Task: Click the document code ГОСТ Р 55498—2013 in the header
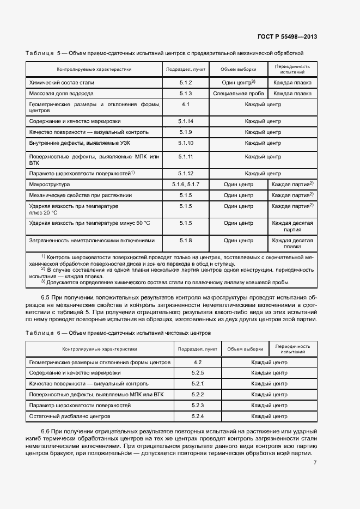click(287, 37)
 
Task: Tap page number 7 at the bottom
click(315, 463)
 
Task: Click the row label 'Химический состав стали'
click(62, 83)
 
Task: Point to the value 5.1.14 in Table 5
click(186, 121)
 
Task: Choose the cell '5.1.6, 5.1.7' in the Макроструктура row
click(186, 185)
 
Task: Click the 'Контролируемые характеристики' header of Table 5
click(94, 69)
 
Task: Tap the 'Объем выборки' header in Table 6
click(245, 349)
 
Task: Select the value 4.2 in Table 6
click(198, 362)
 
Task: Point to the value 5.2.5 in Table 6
click(198, 373)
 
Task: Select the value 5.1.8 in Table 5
click(186, 240)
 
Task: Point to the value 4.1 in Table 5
click(186, 103)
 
